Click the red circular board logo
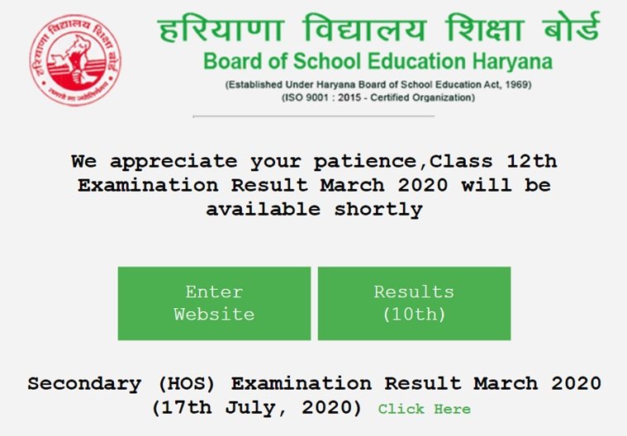click(75, 60)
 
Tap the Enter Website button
click(214, 303)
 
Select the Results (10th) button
click(414, 303)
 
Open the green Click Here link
click(425, 409)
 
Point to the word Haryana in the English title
click(512, 62)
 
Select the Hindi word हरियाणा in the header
click(221, 29)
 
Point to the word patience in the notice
click(366, 162)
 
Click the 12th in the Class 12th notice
click(532, 161)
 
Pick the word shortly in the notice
click(378, 210)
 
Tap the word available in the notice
click(264, 209)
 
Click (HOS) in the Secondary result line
click(187, 384)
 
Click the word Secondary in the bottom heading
click(84, 384)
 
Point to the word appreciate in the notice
click(173, 162)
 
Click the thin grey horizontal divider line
click(314, 116)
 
